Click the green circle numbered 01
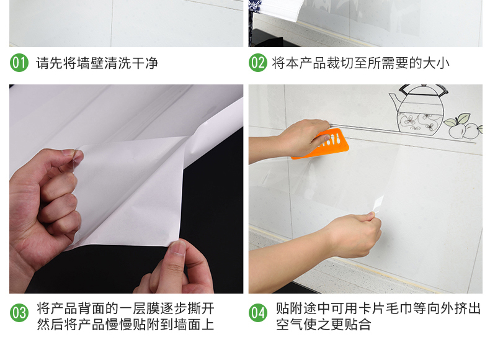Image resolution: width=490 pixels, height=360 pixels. (x=19, y=63)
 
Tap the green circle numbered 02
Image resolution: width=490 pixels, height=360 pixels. (x=258, y=63)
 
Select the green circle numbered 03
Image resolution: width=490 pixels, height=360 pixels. (x=19, y=313)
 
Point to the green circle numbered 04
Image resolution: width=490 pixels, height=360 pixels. (x=258, y=313)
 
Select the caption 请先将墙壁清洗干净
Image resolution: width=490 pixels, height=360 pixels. (x=97, y=63)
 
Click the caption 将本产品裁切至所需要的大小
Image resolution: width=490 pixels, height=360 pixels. (x=360, y=63)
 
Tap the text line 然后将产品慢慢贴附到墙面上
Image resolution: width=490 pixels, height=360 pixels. (x=125, y=325)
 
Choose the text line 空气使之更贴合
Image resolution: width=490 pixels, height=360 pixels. (x=323, y=325)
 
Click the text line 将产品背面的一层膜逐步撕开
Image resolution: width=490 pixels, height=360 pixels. (x=125, y=308)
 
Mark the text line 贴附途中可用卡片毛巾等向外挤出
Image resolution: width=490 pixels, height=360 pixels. (x=378, y=308)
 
